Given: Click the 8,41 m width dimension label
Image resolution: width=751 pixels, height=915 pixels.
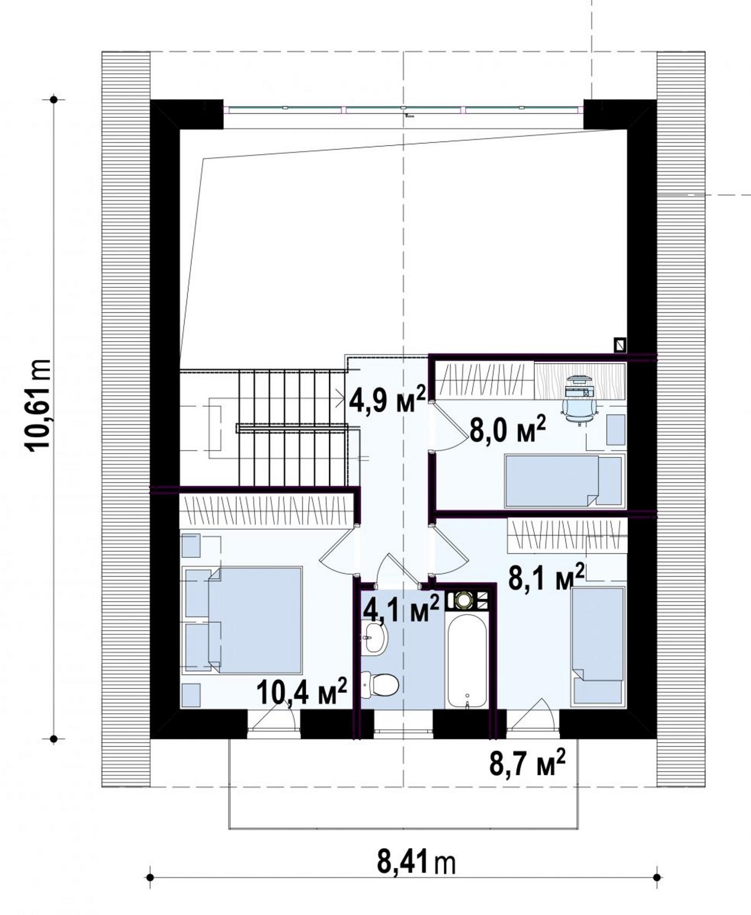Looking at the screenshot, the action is pos(416,863).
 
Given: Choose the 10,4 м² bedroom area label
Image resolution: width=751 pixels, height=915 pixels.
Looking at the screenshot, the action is pos(302,692).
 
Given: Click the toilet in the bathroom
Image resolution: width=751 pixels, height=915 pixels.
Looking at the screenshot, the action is pos(380,685).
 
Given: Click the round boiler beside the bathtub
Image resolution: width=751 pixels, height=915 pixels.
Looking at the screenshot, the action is pos(462,600).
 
